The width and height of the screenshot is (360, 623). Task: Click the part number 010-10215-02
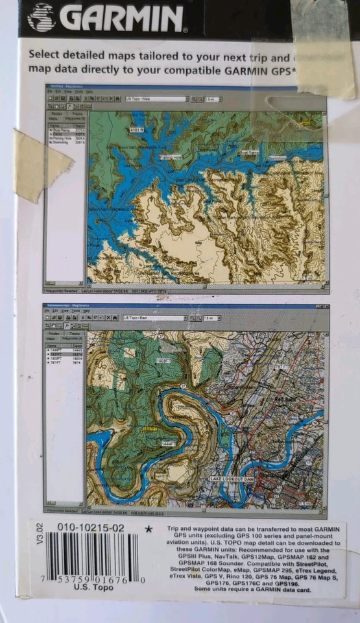[x=91, y=528]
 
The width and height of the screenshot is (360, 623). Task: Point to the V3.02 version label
[x=40, y=533]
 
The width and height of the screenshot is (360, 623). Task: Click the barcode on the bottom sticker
[x=92, y=556]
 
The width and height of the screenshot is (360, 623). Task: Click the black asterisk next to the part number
[x=149, y=530]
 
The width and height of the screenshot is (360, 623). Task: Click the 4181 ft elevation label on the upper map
[x=136, y=130]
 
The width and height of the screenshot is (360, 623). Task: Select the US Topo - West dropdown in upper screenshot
[x=156, y=99]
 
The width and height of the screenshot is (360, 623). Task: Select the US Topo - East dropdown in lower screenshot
[x=154, y=318]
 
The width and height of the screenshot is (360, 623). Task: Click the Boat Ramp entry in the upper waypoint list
[x=63, y=130]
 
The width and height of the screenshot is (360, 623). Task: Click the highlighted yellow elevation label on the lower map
[x=150, y=429]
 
